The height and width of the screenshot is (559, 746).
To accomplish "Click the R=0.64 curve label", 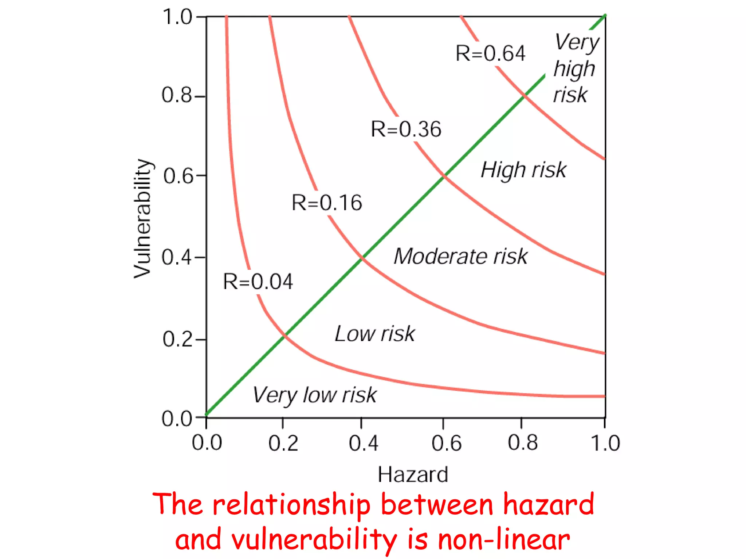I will click(x=490, y=53).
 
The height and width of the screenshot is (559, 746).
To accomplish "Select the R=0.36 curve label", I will click(x=406, y=129).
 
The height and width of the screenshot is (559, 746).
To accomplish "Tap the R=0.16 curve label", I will click(x=327, y=203).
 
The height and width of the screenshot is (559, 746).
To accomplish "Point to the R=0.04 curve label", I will click(x=258, y=282).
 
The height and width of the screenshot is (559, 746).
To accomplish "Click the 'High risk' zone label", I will click(x=523, y=170).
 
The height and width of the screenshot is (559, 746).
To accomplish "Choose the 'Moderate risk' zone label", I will click(x=460, y=256).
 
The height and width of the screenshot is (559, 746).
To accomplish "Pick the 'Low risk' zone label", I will click(x=374, y=334).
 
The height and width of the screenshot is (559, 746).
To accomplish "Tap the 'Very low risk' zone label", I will click(x=314, y=395).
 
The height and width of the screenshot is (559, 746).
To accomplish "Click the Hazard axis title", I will click(x=413, y=475).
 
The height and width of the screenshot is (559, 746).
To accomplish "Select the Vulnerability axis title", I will click(x=142, y=218).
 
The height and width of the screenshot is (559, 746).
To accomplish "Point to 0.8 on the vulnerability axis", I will click(x=176, y=95).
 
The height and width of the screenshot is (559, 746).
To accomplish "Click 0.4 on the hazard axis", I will click(x=363, y=443).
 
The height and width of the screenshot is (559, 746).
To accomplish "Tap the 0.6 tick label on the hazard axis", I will click(x=446, y=443).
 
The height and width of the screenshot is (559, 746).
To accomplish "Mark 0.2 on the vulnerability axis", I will click(x=177, y=340).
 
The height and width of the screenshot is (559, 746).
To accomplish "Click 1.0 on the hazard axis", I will click(x=605, y=443).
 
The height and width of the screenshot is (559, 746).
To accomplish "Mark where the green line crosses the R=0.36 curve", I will click(x=444, y=176).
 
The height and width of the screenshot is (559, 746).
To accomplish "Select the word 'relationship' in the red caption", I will click(x=291, y=505).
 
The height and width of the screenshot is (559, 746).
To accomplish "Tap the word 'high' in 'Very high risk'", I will click(x=574, y=69).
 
